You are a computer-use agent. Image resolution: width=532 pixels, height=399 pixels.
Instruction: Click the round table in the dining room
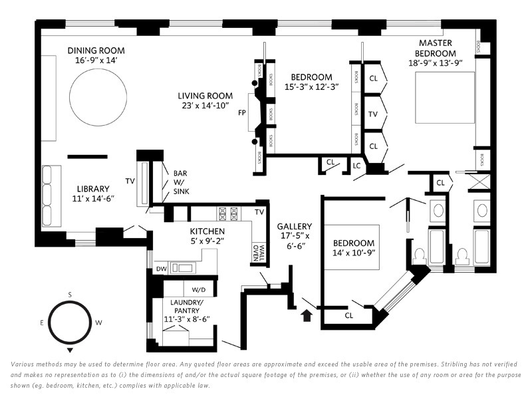97,99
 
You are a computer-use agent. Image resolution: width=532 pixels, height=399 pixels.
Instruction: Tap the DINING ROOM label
96,51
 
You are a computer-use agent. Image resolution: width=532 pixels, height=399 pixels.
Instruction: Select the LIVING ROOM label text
205,96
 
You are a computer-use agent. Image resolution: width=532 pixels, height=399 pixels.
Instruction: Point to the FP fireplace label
242,112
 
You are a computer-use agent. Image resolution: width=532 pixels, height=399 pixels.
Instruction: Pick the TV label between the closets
373,114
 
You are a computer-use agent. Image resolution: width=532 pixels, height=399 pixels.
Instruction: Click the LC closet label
356,165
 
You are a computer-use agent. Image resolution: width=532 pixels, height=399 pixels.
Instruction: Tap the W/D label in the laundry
198,290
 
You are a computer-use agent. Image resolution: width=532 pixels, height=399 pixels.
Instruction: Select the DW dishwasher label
160,269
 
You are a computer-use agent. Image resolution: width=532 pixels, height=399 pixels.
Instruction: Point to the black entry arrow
307,315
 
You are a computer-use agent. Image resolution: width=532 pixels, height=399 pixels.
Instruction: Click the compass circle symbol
69,322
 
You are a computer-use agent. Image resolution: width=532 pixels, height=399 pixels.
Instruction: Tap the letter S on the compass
69,294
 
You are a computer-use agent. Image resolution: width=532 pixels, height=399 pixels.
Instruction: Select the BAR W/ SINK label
180,182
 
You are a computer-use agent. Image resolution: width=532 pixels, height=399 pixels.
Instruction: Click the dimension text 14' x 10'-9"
354,253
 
